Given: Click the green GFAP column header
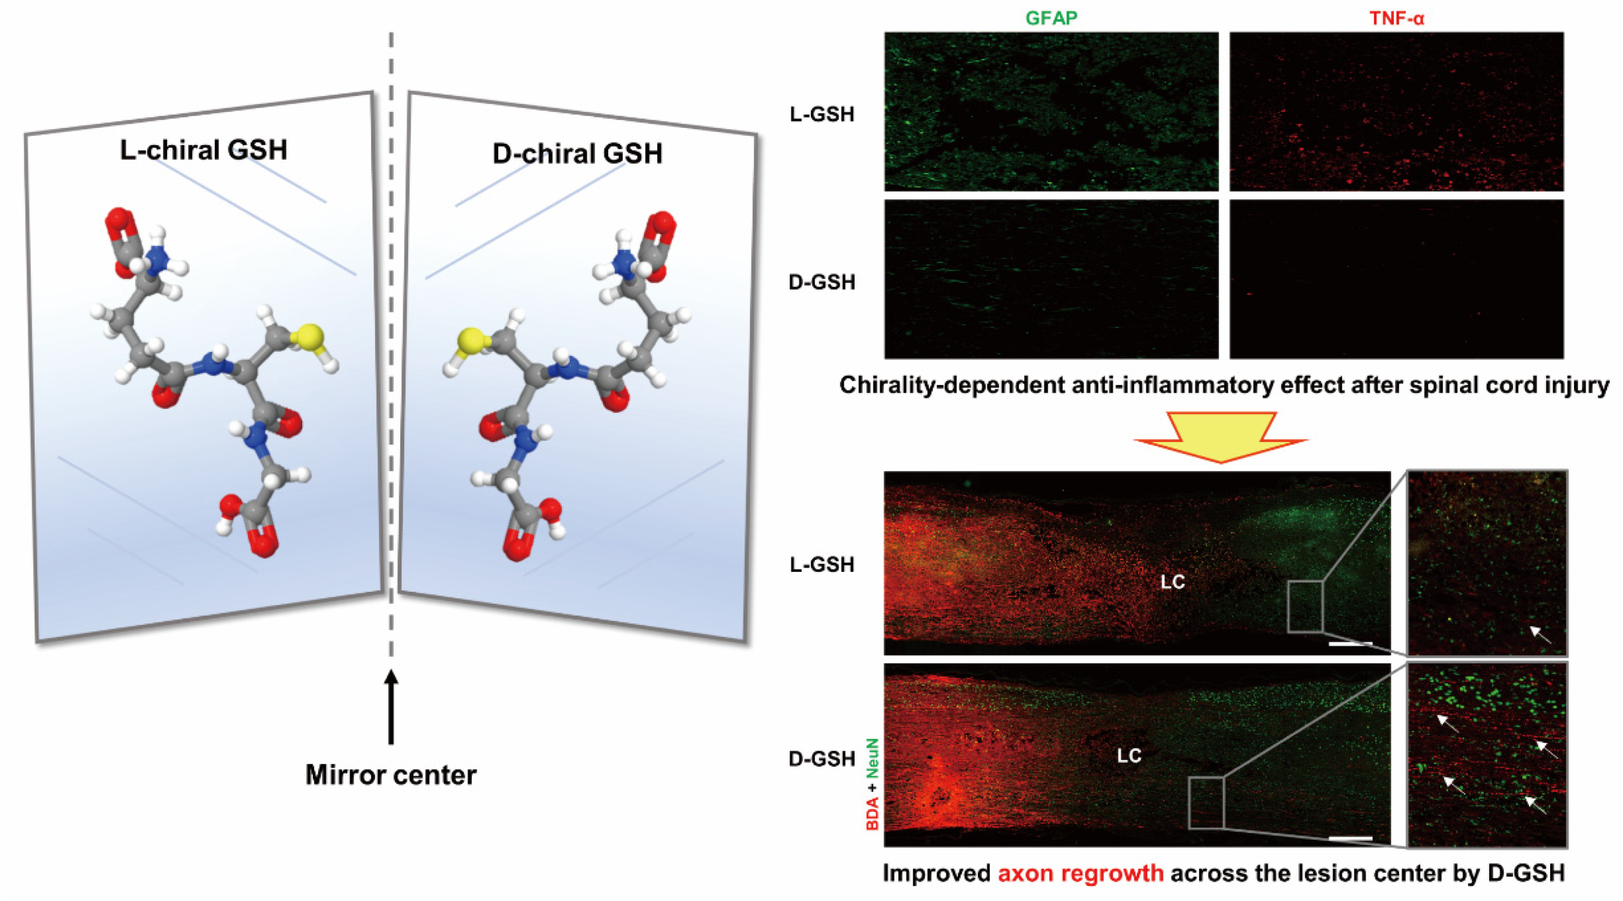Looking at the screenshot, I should (1051, 18).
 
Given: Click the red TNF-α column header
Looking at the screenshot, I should (1396, 18).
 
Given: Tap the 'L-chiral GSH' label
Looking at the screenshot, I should (204, 150).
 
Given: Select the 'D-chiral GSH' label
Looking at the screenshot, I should (577, 154).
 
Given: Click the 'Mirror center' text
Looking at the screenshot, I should (390, 774).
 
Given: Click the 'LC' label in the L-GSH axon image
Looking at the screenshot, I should (1173, 581).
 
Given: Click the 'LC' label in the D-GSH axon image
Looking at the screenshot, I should (1129, 755).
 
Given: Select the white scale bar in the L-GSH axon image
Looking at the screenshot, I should (1350, 643).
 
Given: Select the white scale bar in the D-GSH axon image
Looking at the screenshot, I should (1350, 838).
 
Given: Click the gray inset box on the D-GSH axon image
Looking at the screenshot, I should (1206, 802).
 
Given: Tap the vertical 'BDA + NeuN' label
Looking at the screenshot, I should (872, 784).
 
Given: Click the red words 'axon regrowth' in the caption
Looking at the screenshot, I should (1080, 873).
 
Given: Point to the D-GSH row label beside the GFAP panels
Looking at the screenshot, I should (821, 282).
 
